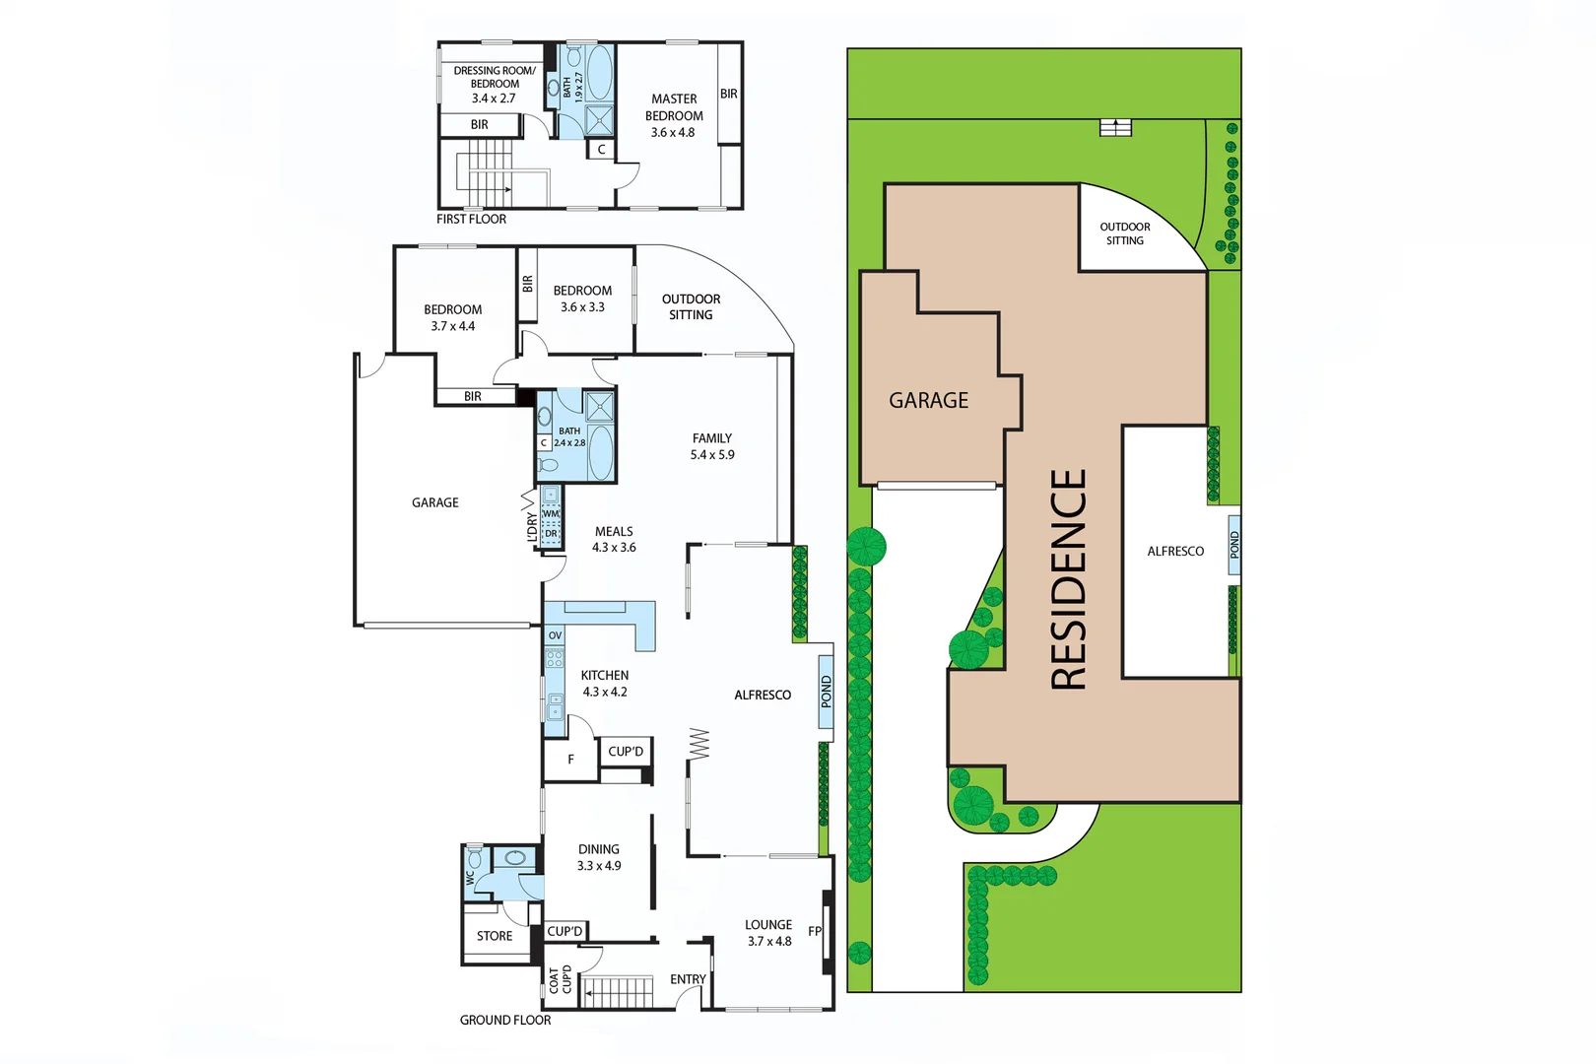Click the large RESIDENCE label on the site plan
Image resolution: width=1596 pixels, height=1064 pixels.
(x=1069, y=579)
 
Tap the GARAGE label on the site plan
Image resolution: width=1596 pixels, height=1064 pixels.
(x=928, y=400)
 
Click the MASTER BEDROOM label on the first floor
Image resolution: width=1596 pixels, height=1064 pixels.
(x=674, y=115)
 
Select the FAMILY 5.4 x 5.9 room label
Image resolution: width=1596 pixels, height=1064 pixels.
(x=712, y=446)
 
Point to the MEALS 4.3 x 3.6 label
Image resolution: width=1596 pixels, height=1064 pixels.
(x=614, y=539)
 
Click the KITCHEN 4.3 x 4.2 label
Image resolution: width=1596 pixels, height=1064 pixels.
(x=605, y=683)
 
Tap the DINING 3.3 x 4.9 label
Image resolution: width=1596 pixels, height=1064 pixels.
(x=599, y=857)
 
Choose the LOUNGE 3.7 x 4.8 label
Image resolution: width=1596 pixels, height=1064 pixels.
(x=768, y=932)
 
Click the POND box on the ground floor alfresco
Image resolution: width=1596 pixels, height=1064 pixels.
(x=827, y=691)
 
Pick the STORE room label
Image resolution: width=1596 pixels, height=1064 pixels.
(x=495, y=936)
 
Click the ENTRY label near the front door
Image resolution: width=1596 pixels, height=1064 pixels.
(x=688, y=979)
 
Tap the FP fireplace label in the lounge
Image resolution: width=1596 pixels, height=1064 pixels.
(x=815, y=931)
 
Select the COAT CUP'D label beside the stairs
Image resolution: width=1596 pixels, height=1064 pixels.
(x=560, y=979)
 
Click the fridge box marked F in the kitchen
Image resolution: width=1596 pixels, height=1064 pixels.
(x=570, y=760)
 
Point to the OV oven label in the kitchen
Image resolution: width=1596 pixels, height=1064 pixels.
(x=555, y=635)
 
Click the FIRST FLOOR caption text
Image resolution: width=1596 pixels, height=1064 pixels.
(x=471, y=219)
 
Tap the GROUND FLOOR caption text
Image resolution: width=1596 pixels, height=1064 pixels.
(x=505, y=1020)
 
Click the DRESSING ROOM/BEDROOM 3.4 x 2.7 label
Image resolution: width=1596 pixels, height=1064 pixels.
(x=494, y=84)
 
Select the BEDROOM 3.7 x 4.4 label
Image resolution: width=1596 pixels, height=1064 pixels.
(x=453, y=317)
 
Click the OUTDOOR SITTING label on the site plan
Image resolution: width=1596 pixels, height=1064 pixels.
(x=1125, y=233)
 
